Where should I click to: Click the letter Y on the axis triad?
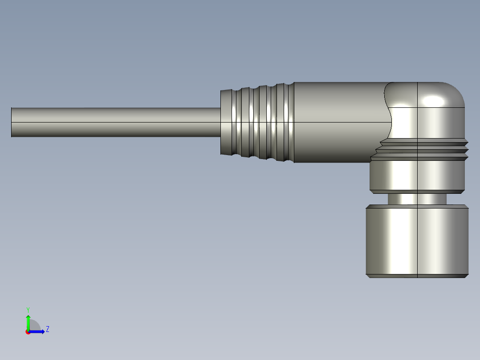point(28,309)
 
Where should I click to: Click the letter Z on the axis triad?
point(47,329)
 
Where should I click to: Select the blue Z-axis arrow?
point(38,331)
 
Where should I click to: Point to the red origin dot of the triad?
point(28,332)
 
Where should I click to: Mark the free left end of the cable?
point(12,122)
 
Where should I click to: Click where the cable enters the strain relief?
point(220,122)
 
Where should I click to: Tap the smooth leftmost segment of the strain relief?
point(227,122)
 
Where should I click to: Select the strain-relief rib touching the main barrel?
point(289,122)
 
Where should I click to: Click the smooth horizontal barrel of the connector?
point(338,122)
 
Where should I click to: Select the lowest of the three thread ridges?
point(421,158)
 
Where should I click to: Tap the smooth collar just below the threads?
point(417,176)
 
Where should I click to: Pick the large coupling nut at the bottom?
point(417,241)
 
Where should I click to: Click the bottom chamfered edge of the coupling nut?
point(417,276)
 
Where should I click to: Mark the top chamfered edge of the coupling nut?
point(417,207)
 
